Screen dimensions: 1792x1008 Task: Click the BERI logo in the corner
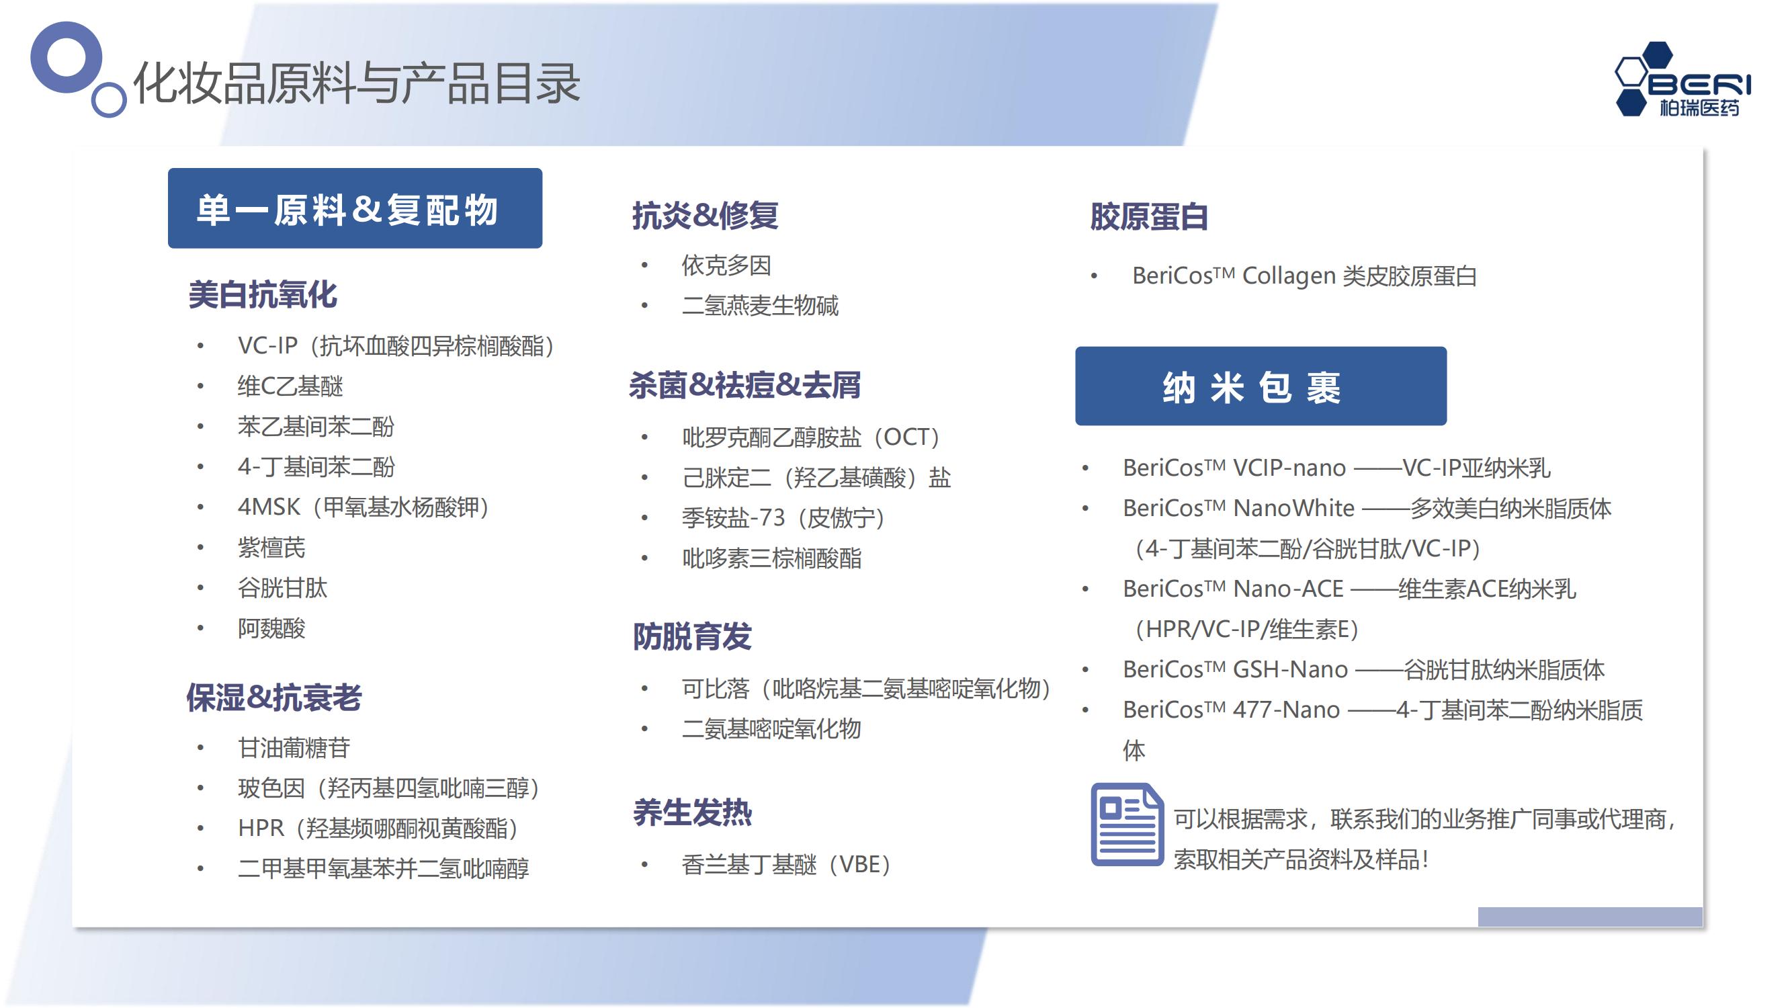pyautogui.click(x=1682, y=79)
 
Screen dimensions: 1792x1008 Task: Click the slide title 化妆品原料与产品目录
pyautogui.click(x=357, y=83)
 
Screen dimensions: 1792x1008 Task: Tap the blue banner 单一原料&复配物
pyautogui.click(x=355, y=208)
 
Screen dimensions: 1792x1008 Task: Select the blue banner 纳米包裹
pyautogui.click(x=1261, y=386)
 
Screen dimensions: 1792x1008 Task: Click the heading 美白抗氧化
pyautogui.click(x=263, y=294)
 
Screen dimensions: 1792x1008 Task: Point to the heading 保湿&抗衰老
pyautogui.click(x=274, y=697)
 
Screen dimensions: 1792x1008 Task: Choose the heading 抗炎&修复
pyautogui.click(x=705, y=215)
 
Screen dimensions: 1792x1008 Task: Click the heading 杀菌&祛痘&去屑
pyautogui.click(x=745, y=384)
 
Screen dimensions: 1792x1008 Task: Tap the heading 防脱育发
pyautogui.click(x=692, y=636)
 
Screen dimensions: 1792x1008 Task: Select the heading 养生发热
pyautogui.click(x=692, y=812)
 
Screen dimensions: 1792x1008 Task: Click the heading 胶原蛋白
pyautogui.click(x=1148, y=216)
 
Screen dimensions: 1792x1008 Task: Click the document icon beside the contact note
pyautogui.click(x=1127, y=825)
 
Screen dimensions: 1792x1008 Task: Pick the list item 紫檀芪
pyautogui.click(x=271, y=548)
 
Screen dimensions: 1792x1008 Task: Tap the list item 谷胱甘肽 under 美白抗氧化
pyautogui.click(x=282, y=588)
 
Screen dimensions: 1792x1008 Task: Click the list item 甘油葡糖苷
pyautogui.click(x=294, y=748)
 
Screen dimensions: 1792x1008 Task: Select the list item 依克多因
pyautogui.click(x=726, y=265)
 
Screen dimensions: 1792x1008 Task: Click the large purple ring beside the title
pyautogui.click(x=66, y=57)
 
